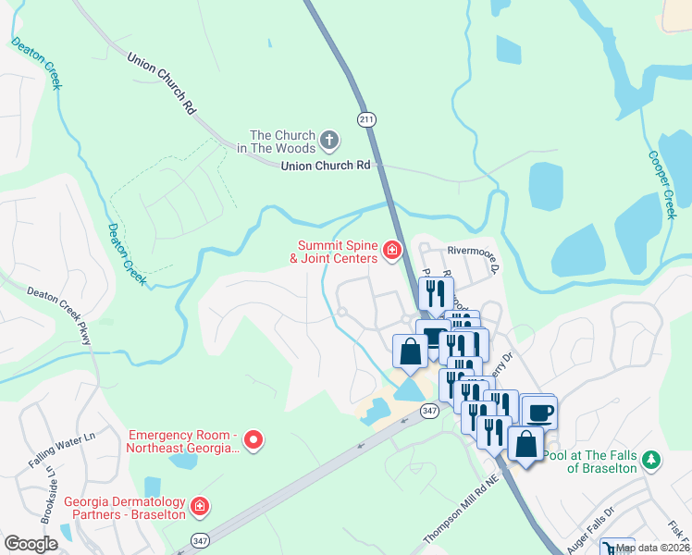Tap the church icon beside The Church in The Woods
(x=330, y=142)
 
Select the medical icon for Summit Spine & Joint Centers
(x=392, y=251)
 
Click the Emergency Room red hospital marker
(x=253, y=440)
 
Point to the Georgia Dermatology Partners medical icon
(x=199, y=507)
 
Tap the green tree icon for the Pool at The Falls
(x=651, y=460)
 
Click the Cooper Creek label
(x=663, y=185)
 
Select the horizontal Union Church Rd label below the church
(x=331, y=166)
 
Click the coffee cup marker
(x=538, y=413)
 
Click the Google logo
(x=31, y=544)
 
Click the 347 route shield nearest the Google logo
(x=200, y=539)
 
